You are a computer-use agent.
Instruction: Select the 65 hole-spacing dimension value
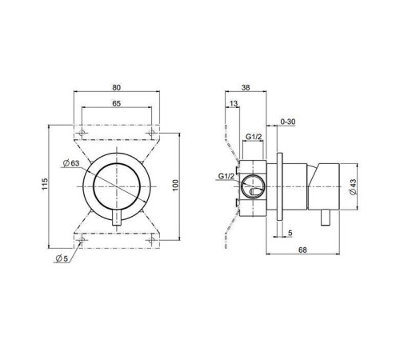pyautogui.click(x=118, y=104)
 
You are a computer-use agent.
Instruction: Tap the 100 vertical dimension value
pyautogui.click(x=174, y=185)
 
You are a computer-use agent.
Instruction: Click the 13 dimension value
pyautogui.click(x=233, y=104)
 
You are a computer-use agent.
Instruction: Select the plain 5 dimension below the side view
pyautogui.click(x=290, y=234)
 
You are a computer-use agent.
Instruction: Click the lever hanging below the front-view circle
pyautogui.click(x=118, y=220)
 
